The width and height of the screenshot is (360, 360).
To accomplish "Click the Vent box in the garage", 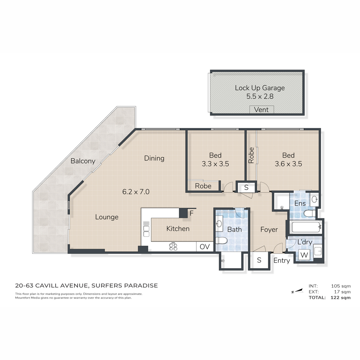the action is point(262,109).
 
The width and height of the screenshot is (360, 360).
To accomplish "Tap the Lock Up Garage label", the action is point(260,88).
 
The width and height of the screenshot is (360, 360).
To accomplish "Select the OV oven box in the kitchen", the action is point(205,247).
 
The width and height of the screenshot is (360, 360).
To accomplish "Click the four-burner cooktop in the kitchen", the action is point(173,246).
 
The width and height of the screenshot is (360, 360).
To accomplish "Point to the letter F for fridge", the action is point(191,213).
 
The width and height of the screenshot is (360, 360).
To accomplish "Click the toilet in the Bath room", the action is point(221,240).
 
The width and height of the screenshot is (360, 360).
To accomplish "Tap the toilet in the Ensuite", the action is point(310,213).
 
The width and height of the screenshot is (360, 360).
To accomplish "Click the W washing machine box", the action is point(304,255).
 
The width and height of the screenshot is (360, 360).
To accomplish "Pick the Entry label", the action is point(281,261).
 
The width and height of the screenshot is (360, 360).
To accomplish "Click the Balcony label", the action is point(83,161).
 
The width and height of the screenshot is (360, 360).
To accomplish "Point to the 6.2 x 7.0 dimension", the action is point(136,192).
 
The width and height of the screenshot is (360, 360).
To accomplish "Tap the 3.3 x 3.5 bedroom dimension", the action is point(215,164).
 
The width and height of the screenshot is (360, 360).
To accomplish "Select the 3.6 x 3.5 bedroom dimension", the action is point(288,164).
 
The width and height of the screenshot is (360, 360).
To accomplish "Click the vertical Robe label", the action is point(251,155).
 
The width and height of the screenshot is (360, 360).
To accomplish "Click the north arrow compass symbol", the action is point(297,291).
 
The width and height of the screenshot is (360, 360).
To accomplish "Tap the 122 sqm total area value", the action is point(340,298).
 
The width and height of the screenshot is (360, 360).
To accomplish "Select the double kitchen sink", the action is point(146,231).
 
